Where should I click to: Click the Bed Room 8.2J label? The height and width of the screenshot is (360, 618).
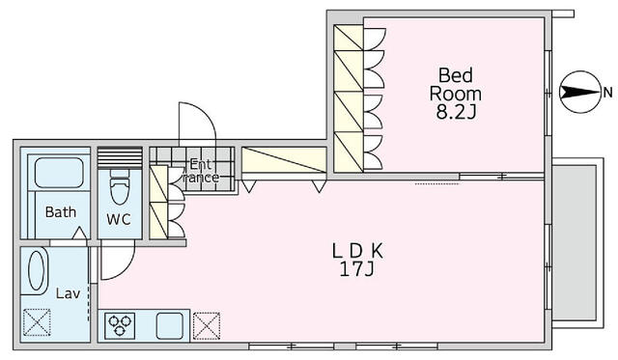pos(455,94)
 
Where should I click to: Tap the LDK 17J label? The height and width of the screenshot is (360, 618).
pos(357,261)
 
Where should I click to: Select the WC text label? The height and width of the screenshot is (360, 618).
pos(119,219)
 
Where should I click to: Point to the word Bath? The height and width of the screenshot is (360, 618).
pos(61,212)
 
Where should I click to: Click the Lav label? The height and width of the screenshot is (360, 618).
pos(68,293)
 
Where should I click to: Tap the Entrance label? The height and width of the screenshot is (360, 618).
pos(201,171)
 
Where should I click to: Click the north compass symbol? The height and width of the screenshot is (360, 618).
pos(580,92)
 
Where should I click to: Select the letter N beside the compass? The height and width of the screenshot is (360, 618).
pos(607,93)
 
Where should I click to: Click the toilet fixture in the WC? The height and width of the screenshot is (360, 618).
pos(120,186)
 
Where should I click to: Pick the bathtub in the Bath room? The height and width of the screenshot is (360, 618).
pos(59,173)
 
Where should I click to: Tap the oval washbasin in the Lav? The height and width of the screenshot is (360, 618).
pos(36,270)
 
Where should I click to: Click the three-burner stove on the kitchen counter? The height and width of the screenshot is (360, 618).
pos(120,326)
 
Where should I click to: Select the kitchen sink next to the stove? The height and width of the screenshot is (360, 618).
pos(170,326)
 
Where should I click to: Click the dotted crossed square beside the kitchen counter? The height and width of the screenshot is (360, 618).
pos(207,325)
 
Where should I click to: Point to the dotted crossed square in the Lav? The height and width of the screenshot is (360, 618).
pos(37,322)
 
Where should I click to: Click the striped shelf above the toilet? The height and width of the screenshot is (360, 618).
pos(120,157)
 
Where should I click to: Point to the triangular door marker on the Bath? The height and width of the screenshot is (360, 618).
pos(80,234)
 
